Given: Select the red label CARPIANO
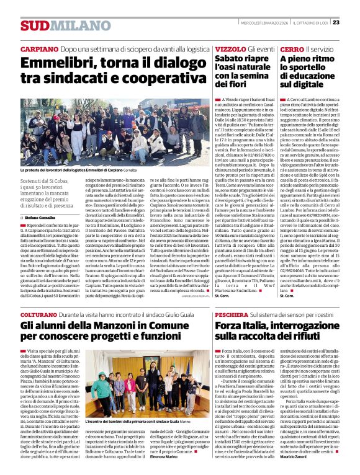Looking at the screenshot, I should [39, 49].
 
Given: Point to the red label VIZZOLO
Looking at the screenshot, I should [230, 49].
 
